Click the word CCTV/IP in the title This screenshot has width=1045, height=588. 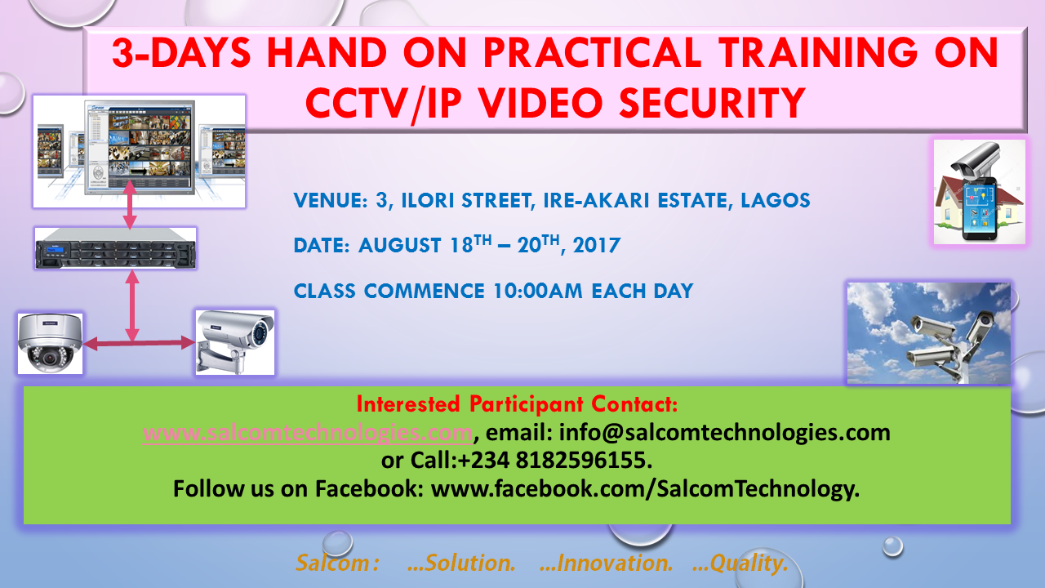383,104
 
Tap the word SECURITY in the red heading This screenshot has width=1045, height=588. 713,103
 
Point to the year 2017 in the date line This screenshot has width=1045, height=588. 597,246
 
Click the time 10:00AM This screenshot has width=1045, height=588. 537,292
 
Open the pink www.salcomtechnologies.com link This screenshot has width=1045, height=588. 308,433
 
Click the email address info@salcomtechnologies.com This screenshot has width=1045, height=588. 724,433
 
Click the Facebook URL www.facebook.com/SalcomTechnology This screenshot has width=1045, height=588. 645,489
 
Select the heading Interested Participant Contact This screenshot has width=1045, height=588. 517,404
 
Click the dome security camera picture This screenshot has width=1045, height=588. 51,344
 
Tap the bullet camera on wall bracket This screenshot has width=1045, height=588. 234,342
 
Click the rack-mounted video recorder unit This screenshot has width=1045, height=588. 116,248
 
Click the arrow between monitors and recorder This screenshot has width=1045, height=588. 130,204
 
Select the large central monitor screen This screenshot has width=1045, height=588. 139,147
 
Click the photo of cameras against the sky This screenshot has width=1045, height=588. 929,333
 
